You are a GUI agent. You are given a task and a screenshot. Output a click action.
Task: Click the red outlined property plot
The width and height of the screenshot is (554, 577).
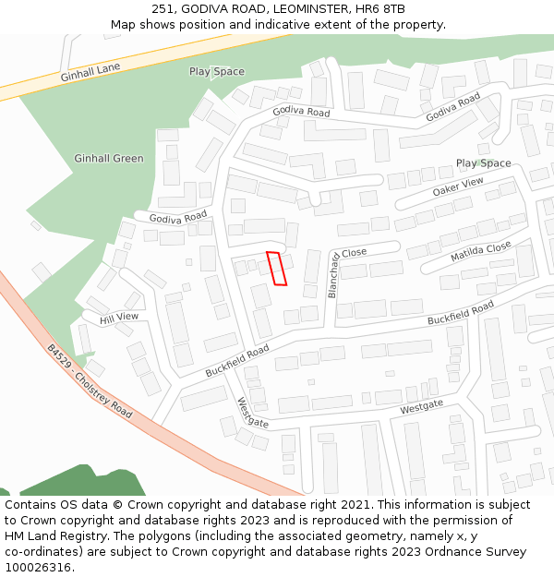tap(277, 268)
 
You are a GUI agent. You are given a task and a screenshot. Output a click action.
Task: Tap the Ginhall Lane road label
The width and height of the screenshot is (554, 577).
tap(90, 73)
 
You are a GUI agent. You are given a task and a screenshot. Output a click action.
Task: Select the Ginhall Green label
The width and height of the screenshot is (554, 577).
tap(109, 159)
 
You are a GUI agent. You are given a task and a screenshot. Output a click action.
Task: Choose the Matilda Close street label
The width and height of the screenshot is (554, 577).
tap(480, 252)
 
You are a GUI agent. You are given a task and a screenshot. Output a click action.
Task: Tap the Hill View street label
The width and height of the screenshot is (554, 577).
tap(119, 318)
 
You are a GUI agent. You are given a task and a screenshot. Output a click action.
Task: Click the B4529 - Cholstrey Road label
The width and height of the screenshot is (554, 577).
tap(90, 381)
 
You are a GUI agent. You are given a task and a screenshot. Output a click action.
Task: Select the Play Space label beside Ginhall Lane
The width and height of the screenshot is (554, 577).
tap(217, 71)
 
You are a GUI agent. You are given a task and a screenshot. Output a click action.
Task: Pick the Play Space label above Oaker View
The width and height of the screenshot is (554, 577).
tap(483, 163)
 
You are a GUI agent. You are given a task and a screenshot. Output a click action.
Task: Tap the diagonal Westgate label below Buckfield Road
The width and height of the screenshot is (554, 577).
tap(253, 413)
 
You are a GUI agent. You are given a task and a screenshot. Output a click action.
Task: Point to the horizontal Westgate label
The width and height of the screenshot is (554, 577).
tap(421, 407)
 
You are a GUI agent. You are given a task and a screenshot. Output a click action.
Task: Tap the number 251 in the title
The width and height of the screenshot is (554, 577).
tap(164, 9)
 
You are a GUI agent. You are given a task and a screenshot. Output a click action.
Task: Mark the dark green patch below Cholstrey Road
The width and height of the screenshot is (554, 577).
tap(83, 482)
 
